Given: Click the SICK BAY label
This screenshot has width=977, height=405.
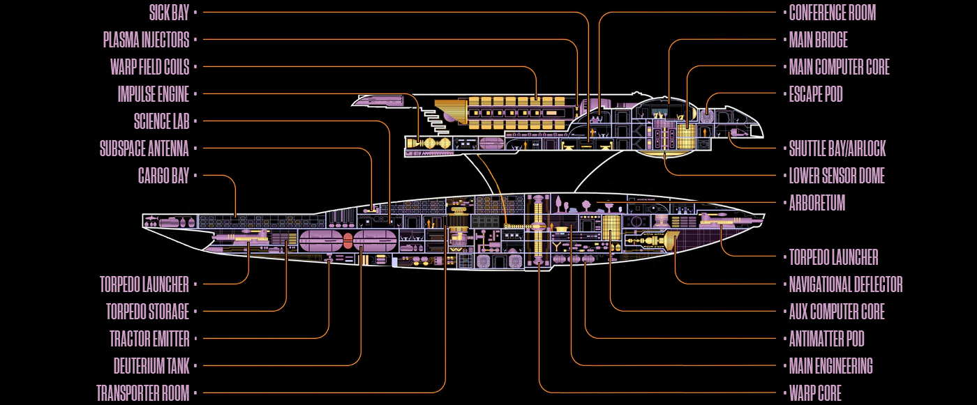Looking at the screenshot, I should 169,13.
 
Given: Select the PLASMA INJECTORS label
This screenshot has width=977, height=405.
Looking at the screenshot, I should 146,40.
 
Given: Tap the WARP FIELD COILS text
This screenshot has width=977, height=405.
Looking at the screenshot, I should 149,67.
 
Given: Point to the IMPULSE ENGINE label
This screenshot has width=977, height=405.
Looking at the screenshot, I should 154,94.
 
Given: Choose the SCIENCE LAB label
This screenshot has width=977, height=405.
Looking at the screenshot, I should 161,121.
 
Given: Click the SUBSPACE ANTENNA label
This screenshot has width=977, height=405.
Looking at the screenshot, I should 144,148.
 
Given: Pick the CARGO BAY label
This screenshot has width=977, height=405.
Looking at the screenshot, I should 163,176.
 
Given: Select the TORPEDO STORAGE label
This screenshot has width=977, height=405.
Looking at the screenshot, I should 147,312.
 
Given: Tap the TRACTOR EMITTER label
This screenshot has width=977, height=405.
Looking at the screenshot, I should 149,339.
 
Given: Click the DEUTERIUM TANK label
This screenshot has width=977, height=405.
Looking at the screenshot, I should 151,366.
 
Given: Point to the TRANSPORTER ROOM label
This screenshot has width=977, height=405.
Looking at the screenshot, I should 142,393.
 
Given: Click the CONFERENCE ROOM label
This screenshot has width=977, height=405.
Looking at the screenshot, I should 832,13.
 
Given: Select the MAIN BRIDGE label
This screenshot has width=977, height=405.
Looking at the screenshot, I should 818,40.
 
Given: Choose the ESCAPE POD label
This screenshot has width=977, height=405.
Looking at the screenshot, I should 816,94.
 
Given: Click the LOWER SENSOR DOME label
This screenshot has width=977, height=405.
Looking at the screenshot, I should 837,176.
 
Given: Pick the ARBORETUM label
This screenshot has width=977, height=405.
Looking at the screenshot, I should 816,203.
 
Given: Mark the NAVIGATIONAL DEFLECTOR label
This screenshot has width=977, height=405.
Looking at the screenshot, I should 846,284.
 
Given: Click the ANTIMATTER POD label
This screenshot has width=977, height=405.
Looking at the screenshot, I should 826,339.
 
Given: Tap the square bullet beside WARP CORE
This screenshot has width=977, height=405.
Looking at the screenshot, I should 783,393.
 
